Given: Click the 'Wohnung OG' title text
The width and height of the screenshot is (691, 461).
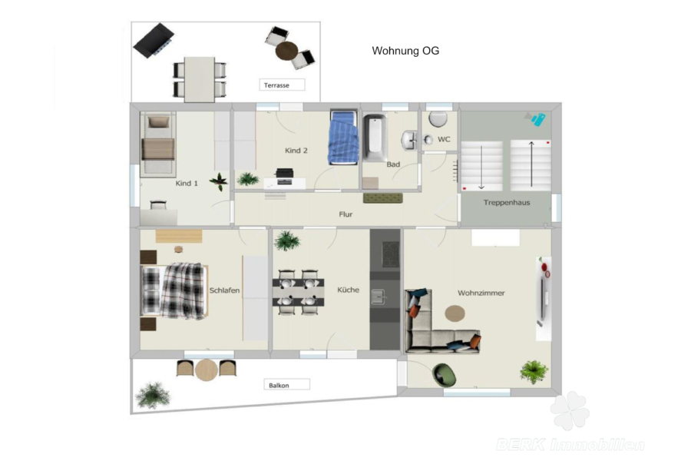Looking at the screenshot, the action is pyautogui.click(x=405, y=51).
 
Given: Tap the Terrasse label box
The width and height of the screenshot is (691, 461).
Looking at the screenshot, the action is pyautogui.click(x=282, y=85).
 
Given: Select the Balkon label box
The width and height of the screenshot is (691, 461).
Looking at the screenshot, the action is pyautogui.click(x=287, y=385).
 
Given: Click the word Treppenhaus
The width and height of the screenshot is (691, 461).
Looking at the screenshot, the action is pyautogui.click(x=507, y=203).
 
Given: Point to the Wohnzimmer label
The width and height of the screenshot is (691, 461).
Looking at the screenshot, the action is pyautogui.click(x=481, y=293).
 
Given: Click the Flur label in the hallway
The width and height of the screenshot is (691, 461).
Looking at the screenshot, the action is pyautogui.click(x=345, y=214).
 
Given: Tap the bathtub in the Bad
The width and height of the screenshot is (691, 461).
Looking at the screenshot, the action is pyautogui.click(x=375, y=138).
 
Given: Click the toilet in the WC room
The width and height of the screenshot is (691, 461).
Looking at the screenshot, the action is pyautogui.click(x=438, y=118).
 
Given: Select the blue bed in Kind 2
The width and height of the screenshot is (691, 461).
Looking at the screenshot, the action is pyautogui.click(x=343, y=138).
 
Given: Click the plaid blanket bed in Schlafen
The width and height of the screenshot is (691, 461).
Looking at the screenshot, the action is pyautogui.click(x=174, y=290).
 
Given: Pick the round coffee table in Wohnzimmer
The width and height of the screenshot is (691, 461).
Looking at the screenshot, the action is pyautogui.click(x=455, y=313).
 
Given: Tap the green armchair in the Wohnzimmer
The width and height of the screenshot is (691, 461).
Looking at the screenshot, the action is pyautogui.click(x=445, y=375).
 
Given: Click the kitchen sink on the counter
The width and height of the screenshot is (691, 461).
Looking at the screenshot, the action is pyautogui.click(x=378, y=297).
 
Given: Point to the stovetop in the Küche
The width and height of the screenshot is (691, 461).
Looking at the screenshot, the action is pyautogui.click(x=390, y=254).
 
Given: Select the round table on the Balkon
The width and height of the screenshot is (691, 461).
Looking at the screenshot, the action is pyautogui.click(x=207, y=370).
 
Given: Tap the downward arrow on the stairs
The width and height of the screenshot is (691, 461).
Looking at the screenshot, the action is pyautogui.click(x=481, y=167).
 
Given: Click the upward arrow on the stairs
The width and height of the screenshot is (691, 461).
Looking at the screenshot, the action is pyautogui.click(x=531, y=164).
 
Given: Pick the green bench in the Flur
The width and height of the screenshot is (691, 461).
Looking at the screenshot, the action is pyautogui.click(x=383, y=198).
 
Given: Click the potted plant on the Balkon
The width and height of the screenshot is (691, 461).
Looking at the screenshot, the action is pyautogui.click(x=153, y=395).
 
